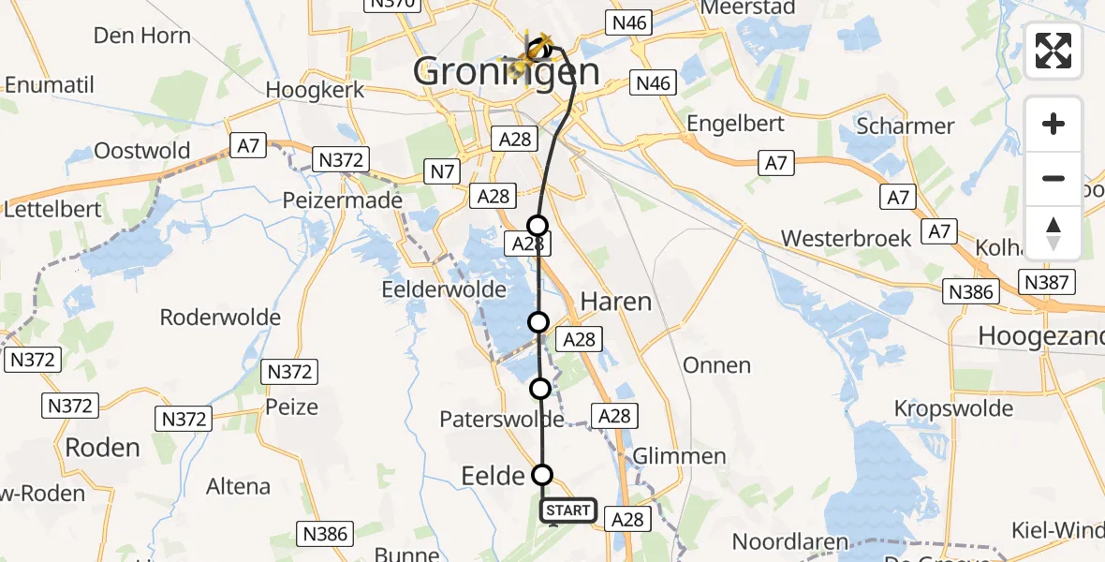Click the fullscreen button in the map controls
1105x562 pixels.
pos(1053,51)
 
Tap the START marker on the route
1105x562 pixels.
pos(567,510)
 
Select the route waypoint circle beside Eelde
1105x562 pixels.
pos(542,474)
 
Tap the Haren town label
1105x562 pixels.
pos(615,302)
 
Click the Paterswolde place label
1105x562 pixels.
pos(502,420)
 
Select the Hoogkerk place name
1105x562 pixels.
pos(315,91)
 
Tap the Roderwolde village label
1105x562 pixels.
pos(220,318)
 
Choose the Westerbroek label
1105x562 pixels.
pos(846,239)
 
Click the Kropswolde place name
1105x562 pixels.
pos(953,408)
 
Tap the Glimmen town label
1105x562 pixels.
pos(679,456)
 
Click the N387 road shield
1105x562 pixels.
pos(1049,282)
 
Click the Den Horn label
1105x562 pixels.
pos(142,37)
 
